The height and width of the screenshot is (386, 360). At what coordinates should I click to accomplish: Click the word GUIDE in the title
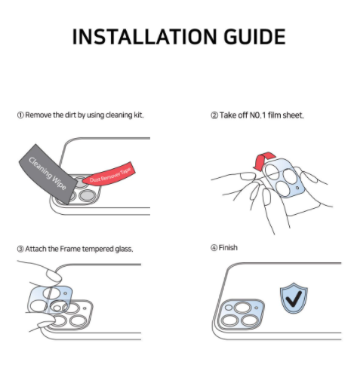(254, 37)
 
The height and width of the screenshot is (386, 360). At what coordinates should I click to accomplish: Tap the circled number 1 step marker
(20, 115)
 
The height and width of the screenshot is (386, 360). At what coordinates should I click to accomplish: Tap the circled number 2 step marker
(214, 115)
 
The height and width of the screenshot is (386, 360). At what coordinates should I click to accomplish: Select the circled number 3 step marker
(20, 249)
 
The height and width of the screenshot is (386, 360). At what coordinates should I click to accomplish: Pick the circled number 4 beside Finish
(214, 248)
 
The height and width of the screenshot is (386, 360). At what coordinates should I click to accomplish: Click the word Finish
(228, 248)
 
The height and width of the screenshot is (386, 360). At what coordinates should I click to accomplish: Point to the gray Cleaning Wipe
(48, 174)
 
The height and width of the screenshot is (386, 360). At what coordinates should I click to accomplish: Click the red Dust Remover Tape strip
(109, 174)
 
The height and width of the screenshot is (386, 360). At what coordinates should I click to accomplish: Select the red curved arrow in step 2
(263, 161)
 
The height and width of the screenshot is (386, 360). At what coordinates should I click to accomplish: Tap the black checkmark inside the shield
(294, 299)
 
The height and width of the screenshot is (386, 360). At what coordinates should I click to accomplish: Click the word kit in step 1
(138, 115)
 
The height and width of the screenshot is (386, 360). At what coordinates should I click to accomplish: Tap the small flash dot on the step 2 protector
(297, 188)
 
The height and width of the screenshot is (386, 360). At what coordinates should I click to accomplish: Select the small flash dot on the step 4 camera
(257, 308)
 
